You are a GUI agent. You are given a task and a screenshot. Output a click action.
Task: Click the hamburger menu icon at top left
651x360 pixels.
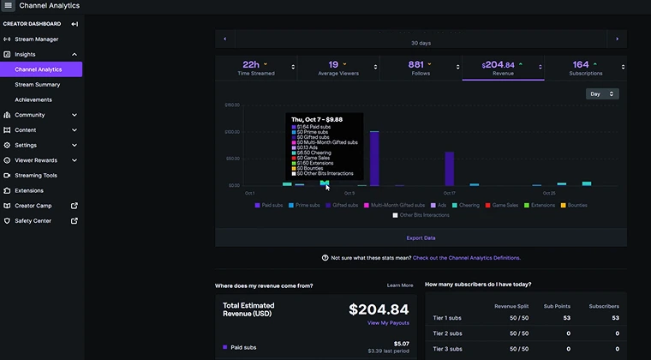tap(9, 6)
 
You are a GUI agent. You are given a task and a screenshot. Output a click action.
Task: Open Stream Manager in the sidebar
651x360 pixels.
tap(36, 39)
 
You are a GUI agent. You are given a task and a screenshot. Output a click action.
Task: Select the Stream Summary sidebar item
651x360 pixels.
tap(37, 84)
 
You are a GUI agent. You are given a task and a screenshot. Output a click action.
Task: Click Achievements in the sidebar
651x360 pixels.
tap(33, 99)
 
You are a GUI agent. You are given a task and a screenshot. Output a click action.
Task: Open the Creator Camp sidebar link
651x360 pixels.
tap(33, 206)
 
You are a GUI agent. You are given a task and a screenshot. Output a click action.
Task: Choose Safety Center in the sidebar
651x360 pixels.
tap(33, 220)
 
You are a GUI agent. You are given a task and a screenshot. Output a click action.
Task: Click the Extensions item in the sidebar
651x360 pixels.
tap(29, 190)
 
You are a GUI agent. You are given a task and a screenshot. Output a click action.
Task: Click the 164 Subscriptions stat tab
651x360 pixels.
tap(585, 68)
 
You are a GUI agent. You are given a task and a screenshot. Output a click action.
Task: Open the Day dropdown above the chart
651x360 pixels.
tap(602, 94)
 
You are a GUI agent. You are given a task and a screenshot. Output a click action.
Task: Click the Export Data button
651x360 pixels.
tap(420, 237)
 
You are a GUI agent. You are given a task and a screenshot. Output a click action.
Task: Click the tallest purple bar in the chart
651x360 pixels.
tap(374, 158)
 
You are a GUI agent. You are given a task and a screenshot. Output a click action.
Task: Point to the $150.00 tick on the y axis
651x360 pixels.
tap(231, 105)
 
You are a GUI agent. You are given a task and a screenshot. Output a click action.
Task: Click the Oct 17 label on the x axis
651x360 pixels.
tap(449, 193)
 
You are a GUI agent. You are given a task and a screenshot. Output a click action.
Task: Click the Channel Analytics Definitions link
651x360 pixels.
tap(466, 257)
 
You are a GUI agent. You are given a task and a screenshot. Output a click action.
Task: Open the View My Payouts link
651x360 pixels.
tap(388, 323)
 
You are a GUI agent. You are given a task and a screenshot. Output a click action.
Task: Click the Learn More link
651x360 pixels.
tap(399, 285)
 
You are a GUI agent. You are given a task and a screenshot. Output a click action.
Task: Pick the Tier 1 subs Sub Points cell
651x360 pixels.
tap(566, 317)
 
